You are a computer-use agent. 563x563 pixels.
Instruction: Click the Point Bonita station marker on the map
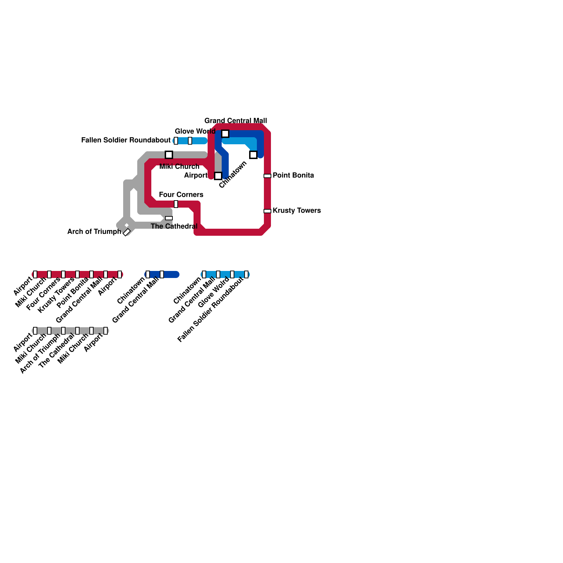pyautogui.click(x=267, y=176)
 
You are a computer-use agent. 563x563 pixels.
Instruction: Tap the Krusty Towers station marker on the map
pyautogui.click(x=267, y=211)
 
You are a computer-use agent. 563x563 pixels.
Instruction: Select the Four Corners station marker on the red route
pyautogui.click(x=176, y=204)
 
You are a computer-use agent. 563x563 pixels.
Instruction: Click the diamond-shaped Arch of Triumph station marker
pyautogui.click(x=127, y=232)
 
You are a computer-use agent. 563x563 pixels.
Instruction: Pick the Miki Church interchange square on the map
pyautogui.click(x=169, y=155)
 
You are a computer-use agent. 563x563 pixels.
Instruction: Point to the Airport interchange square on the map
pyautogui.click(x=218, y=176)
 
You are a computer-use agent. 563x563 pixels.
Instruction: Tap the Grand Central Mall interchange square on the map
pyautogui.click(x=225, y=134)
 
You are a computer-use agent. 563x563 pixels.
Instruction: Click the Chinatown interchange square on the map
pyautogui.click(x=253, y=155)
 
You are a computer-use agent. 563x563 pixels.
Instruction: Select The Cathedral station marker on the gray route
pyautogui.click(x=169, y=218)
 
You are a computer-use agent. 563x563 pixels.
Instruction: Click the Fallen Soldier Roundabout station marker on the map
pyautogui.click(x=176, y=141)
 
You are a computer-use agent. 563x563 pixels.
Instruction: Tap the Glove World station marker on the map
pyautogui.click(x=190, y=141)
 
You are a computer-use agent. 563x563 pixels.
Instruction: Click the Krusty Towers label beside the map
pyautogui.click(x=297, y=210)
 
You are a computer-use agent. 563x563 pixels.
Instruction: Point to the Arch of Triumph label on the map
pyautogui.click(x=94, y=232)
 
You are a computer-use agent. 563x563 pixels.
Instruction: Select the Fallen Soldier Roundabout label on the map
pyautogui.click(x=126, y=140)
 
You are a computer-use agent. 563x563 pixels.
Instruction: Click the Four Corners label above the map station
pyautogui.click(x=181, y=195)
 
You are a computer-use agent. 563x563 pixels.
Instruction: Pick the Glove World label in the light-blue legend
pyautogui.click(x=214, y=292)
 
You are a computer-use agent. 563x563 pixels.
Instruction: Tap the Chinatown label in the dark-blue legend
pyautogui.click(x=131, y=291)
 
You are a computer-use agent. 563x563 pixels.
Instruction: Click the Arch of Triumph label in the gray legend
pyautogui.click(x=40, y=354)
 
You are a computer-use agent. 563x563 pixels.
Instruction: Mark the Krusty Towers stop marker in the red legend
pyautogui.click(x=77, y=274)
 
